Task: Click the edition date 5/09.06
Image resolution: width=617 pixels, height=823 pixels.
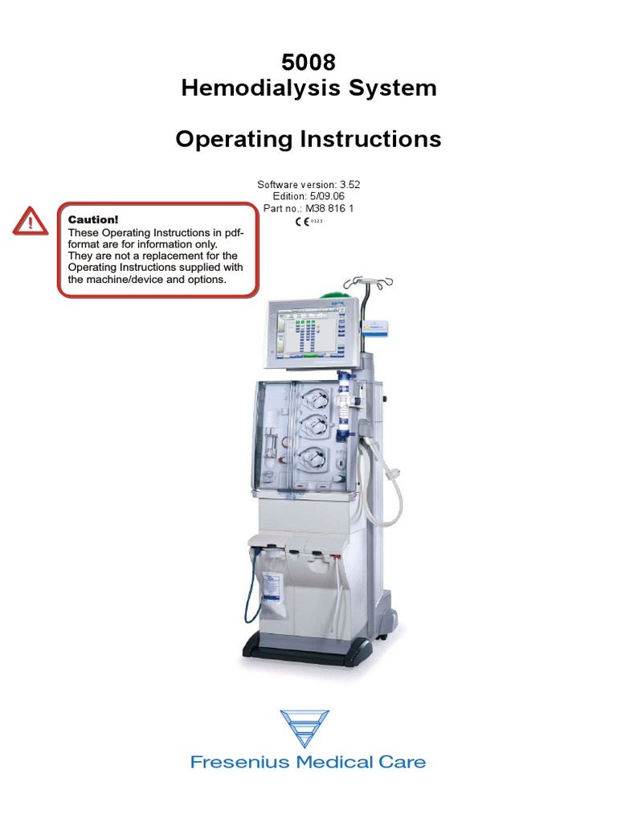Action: (x=326, y=196)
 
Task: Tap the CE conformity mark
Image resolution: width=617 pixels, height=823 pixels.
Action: (x=300, y=221)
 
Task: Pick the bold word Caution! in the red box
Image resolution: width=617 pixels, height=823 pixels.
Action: (x=93, y=219)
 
